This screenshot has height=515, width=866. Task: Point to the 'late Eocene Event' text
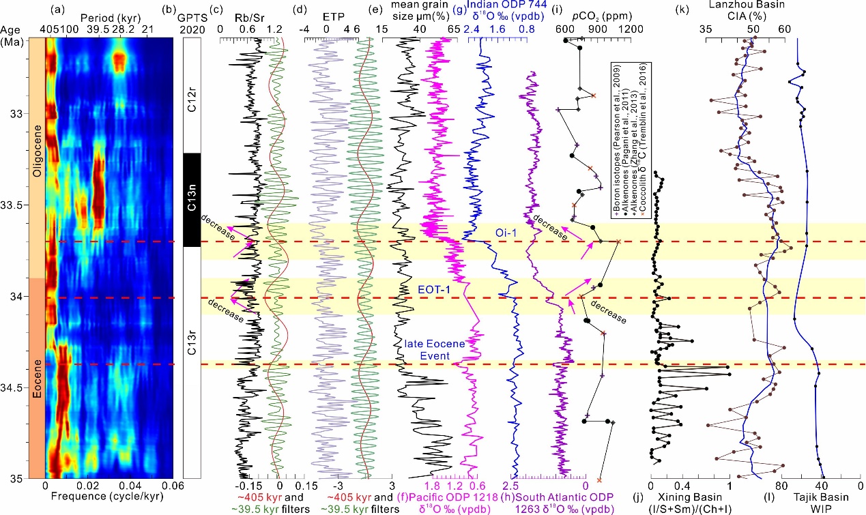(434, 350)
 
